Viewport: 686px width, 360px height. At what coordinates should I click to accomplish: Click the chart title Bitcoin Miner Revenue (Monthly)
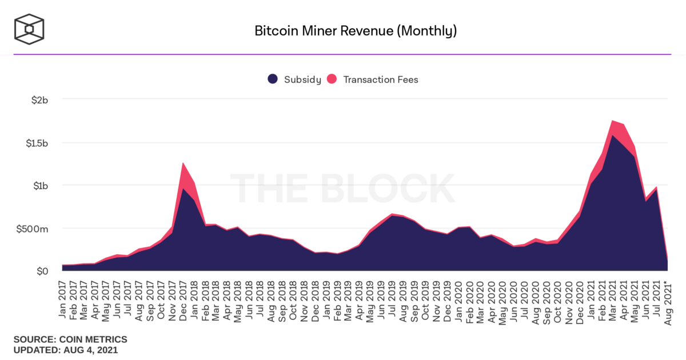coord(355,31)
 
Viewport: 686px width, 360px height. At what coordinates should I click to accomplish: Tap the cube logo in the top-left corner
coord(29,27)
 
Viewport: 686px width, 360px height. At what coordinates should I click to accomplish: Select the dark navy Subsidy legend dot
coord(273,79)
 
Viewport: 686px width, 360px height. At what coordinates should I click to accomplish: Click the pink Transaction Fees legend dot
coord(332,79)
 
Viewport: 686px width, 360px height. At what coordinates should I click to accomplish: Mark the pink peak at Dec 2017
coord(183,164)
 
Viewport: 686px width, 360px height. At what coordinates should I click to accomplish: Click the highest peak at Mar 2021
coord(612,121)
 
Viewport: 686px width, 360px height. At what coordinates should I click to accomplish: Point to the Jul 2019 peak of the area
coord(392,215)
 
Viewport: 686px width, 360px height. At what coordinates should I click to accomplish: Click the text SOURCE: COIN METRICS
coord(70,339)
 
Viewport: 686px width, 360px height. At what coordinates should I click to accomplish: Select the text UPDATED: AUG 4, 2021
coord(66,350)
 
